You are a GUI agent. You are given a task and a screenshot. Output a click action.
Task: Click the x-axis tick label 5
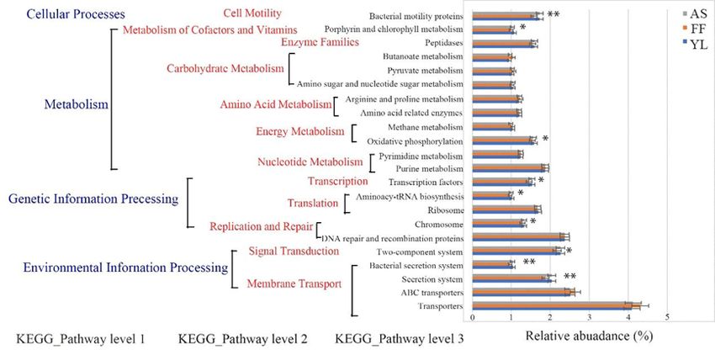(667, 318)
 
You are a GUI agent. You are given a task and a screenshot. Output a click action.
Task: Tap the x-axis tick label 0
(473, 318)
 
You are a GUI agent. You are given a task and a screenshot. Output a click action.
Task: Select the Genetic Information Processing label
(93, 199)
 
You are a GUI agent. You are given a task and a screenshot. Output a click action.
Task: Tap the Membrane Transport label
(294, 284)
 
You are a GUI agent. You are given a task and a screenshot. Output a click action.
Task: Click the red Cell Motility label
(252, 13)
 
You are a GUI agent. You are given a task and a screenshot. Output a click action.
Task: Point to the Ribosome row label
(445, 210)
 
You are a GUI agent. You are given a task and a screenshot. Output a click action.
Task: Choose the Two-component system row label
(423, 251)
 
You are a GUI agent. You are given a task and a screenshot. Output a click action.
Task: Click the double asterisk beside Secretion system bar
(569, 277)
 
